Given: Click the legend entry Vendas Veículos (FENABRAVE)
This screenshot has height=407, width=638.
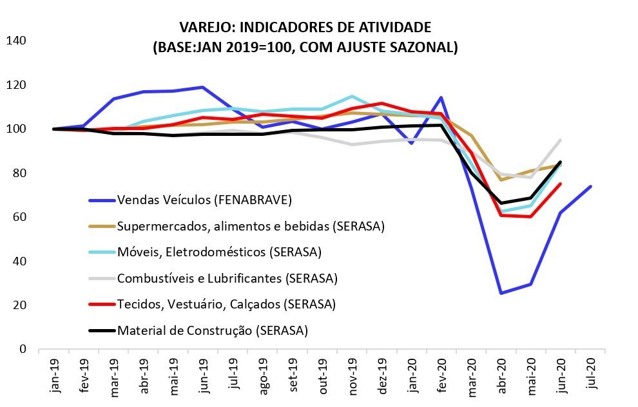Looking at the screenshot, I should click(204, 200).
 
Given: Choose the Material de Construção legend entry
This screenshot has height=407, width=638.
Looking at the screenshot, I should click(212, 331).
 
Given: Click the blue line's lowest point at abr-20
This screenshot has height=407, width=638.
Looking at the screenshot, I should click(501, 293).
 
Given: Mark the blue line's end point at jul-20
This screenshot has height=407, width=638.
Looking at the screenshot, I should click(591, 187).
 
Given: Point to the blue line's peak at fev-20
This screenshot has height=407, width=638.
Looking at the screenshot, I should click(441, 98).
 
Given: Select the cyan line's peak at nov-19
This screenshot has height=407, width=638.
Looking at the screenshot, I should click(352, 97).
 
